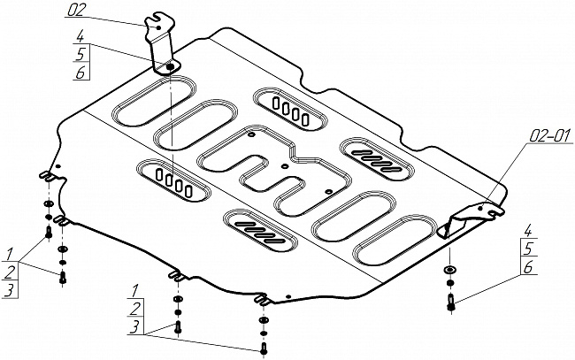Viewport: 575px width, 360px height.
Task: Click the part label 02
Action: (76, 11)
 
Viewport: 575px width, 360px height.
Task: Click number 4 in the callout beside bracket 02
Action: (80, 37)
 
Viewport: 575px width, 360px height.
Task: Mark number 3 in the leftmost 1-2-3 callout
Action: (9, 289)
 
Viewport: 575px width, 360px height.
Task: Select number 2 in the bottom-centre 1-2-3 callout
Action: (134, 309)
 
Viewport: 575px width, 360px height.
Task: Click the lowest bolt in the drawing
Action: (262, 348)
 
